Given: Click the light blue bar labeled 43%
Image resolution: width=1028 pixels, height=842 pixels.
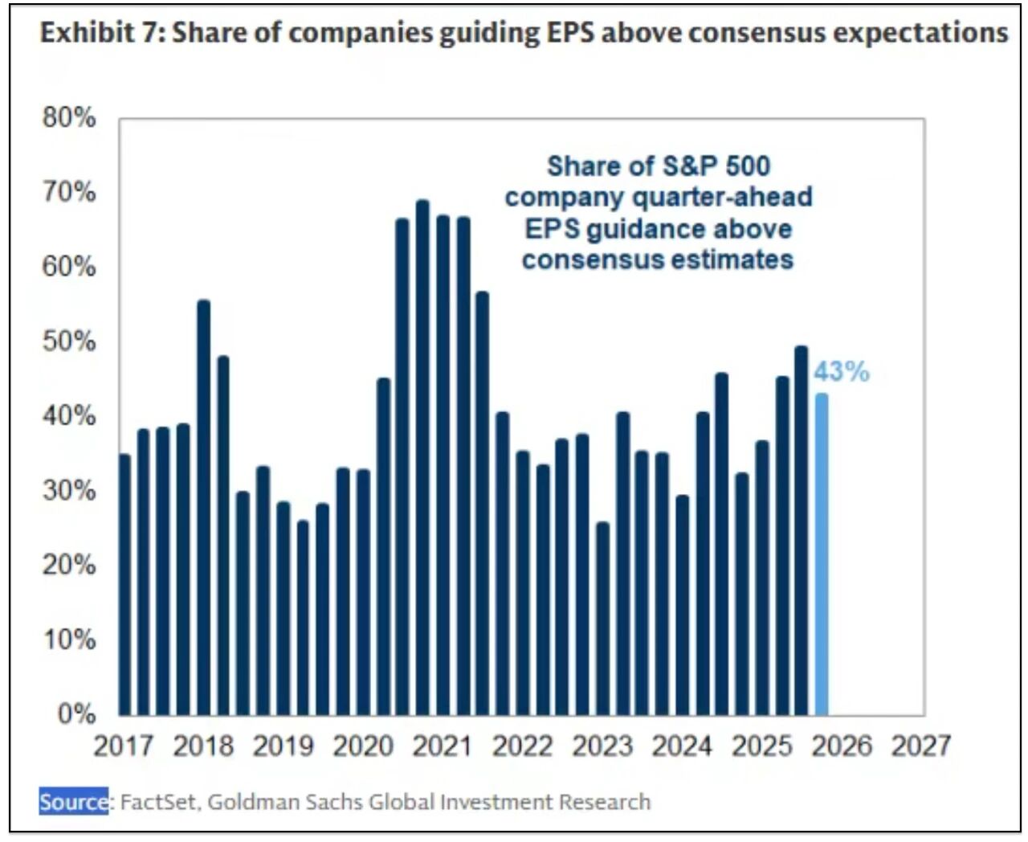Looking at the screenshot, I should point(821,554).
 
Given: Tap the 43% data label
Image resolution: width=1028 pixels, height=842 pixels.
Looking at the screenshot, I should point(841,372).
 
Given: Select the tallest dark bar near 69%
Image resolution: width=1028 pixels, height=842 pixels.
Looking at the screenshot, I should point(422,457).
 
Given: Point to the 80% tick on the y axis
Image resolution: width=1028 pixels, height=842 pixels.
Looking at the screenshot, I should point(69,118).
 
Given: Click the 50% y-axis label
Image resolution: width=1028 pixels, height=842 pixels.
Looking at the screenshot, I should point(69,341).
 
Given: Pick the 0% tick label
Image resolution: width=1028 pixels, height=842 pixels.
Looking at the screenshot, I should point(76,714).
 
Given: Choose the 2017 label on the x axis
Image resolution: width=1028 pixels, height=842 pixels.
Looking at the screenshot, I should point(123,746).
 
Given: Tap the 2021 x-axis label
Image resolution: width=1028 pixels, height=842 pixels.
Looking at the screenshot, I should point(442,746).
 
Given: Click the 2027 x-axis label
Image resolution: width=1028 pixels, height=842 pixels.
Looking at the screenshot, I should point(920,746).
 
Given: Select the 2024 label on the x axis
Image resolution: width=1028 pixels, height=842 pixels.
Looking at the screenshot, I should point(681,746).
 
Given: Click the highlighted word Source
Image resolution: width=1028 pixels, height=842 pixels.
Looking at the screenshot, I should point(74,801).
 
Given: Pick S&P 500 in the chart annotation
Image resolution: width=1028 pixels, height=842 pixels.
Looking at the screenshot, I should point(715,166).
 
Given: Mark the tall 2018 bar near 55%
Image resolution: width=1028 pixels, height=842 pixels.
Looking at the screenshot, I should point(203,507).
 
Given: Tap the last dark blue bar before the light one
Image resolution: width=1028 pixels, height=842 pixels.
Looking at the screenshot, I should point(801,530).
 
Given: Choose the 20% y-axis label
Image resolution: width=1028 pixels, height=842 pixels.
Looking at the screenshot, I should point(69,565).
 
